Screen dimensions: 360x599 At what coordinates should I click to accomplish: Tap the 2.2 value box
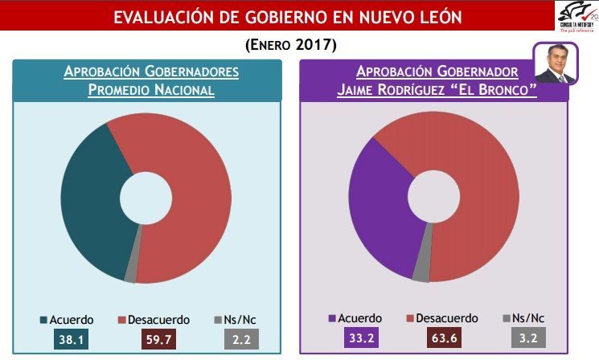point(240,339)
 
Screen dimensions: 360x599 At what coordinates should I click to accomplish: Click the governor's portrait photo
point(556,63)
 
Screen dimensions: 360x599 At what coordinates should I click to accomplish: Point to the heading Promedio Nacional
point(151,89)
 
